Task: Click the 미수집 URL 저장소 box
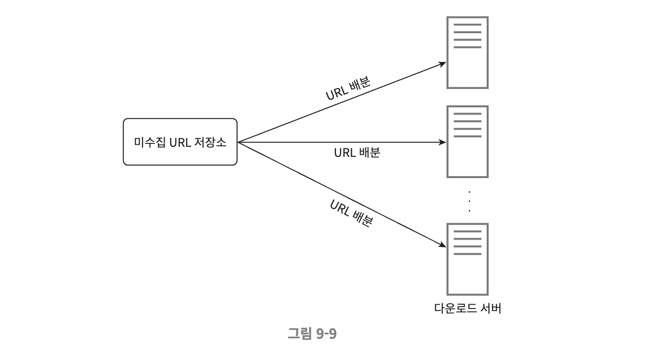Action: tap(180, 141)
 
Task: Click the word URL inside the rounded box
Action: tap(181, 142)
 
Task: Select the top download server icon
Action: tap(467, 52)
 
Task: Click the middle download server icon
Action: tap(467, 141)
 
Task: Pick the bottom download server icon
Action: tap(467, 259)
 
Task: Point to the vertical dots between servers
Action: tap(469, 201)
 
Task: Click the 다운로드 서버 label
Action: tap(467, 308)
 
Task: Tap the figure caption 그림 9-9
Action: tap(311, 334)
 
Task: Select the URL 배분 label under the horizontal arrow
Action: tap(357, 153)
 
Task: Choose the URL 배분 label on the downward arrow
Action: tap(351, 213)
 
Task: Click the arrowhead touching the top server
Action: tap(443, 64)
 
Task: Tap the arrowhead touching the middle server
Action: tap(443, 142)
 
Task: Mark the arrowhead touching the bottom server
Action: tap(443, 245)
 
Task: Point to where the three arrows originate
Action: tap(239, 142)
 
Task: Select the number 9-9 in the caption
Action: tap(326, 334)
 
